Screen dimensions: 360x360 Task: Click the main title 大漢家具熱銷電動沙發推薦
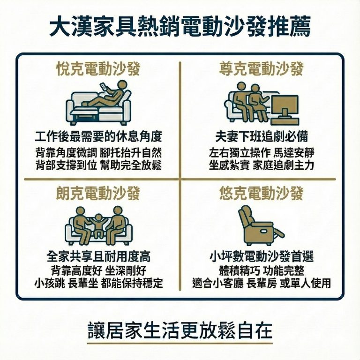click(180, 27)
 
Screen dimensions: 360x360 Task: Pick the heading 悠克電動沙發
click(261, 193)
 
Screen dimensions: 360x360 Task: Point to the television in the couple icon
click(285, 106)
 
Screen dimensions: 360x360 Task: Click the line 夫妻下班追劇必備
click(261, 137)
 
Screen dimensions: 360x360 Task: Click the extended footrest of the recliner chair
click(277, 232)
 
